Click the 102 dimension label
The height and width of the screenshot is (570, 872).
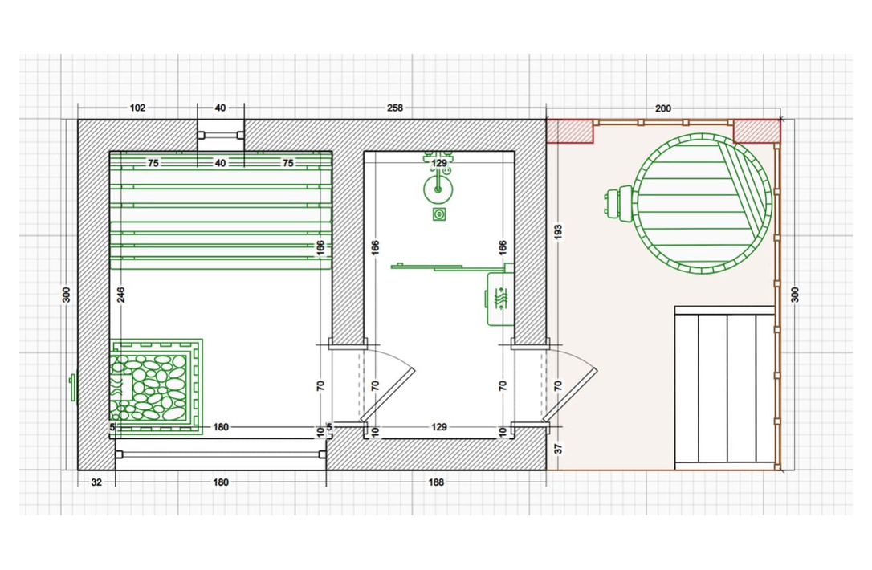click(137, 108)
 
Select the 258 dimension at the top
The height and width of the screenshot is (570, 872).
click(395, 108)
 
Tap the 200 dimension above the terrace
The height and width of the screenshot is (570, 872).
click(663, 108)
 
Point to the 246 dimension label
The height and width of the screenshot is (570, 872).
click(121, 295)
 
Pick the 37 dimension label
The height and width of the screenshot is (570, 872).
click(558, 448)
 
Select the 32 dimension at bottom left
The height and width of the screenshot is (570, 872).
click(96, 482)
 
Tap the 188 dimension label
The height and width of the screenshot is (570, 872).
click(436, 482)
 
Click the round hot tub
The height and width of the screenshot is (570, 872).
click(703, 204)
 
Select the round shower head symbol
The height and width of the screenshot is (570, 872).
click(438, 189)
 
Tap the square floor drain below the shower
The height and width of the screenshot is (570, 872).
click(438, 214)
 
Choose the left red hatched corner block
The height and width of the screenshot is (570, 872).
click(570, 131)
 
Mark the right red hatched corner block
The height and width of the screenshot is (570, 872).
click(757, 131)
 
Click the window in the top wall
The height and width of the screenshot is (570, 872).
click(221, 135)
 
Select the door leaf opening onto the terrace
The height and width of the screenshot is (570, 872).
click(571, 394)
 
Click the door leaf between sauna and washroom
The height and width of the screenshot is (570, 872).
click(388, 394)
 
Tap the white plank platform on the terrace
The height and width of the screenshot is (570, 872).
click(724, 388)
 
